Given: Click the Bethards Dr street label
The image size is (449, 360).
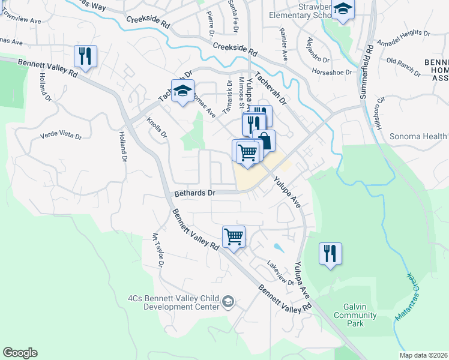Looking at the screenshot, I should click(x=194, y=194).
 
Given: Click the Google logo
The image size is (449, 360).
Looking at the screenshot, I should click(x=20, y=353).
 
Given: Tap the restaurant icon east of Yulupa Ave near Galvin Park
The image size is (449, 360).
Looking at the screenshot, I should click(x=330, y=253).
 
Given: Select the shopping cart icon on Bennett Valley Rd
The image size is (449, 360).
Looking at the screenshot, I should click(x=234, y=236).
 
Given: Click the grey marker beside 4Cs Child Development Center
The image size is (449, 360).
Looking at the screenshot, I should click(x=228, y=301).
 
